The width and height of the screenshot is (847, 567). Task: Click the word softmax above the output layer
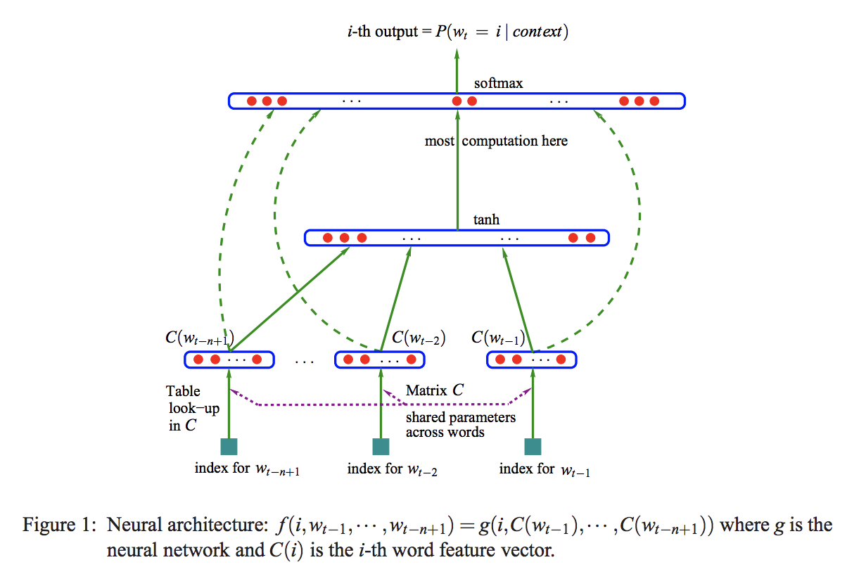498,83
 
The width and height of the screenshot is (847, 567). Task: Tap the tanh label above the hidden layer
486,219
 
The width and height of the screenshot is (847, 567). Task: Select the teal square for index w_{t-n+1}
229,446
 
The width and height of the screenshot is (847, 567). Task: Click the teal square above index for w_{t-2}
381,446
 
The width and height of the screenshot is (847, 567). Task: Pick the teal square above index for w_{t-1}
533,446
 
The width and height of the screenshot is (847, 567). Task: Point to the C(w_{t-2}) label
419,338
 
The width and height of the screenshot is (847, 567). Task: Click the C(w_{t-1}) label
499,338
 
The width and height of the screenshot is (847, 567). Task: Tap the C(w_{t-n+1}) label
198,338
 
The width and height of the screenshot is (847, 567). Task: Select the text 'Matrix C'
434,390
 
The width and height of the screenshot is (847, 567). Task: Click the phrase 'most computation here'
496,141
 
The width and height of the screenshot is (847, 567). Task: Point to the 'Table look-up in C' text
184,408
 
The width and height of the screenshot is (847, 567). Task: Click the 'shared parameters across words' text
460,424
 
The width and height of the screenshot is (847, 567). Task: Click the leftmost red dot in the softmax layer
252,101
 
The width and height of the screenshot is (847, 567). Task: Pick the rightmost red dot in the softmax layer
654,101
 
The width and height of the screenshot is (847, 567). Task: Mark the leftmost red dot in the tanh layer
327,238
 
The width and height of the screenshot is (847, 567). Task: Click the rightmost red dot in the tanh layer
590,238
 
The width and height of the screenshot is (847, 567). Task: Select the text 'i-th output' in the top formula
379,32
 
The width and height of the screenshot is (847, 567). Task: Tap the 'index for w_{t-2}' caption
393,469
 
